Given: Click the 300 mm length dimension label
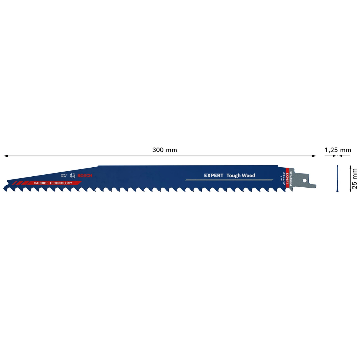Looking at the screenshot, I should click(x=165, y=150).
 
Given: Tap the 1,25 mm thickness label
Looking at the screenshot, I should click(x=338, y=150).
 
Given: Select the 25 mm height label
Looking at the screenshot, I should click(x=355, y=179).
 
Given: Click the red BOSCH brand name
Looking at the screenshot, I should click(x=85, y=175).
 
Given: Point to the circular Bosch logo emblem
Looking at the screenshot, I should click(x=73, y=175).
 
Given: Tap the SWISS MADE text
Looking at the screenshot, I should click(x=64, y=175).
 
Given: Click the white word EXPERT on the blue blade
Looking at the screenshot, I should click(x=213, y=175).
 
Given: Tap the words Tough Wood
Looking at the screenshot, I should click(x=241, y=175).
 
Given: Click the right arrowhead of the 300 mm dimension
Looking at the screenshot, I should click(x=314, y=156).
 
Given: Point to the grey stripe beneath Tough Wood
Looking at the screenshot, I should click(x=229, y=180).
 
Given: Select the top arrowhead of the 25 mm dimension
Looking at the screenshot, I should click(x=350, y=167).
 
